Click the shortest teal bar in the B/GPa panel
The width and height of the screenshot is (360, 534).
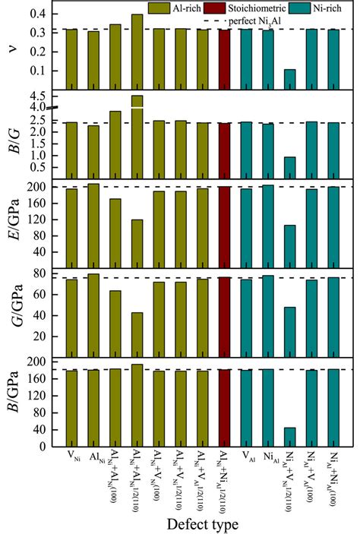click(290, 440)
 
